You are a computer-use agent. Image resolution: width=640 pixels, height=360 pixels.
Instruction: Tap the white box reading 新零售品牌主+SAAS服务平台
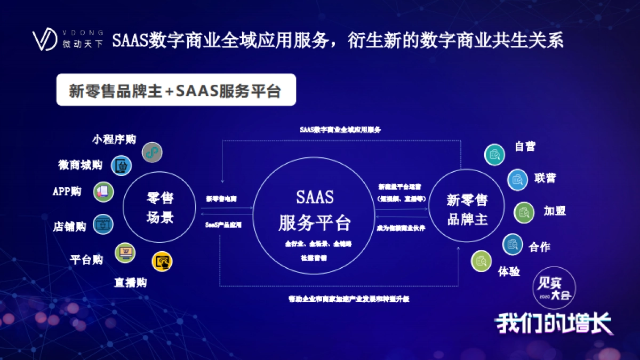pyautogui.click(x=175, y=90)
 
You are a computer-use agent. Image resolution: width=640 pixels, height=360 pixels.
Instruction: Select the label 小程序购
pyautogui.click(x=114, y=139)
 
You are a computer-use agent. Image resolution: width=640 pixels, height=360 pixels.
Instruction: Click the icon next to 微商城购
pyautogui.click(x=121, y=165)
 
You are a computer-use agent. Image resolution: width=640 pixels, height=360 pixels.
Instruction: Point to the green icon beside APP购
pyautogui.click(x=103, y=191)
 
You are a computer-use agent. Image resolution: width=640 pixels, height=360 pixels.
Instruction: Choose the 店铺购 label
pyautogui.click(x=69, y=226)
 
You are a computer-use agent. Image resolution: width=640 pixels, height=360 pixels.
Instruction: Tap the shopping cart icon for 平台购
pyautogui.click(x=125, y=252)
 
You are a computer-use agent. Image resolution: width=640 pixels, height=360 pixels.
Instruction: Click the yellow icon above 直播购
pyautogui.click(x=162, y=261)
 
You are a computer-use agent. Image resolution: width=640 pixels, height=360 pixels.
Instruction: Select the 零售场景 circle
pyautogui.click(x=160, y=208)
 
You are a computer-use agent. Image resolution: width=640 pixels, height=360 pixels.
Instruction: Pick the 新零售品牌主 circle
pyautogui.click(x=467, y=209)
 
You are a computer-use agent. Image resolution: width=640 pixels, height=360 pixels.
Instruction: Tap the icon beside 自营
pyautogui.click(x=494, y=155)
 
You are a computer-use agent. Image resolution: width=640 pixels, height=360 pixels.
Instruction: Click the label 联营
pyautogui.click(x=545, y=178)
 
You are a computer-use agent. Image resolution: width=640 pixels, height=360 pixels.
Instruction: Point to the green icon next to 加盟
pyautogui.click(x=524, y=212)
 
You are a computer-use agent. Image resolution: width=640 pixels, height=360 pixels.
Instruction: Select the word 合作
pyautogui.click(x=539, y=246)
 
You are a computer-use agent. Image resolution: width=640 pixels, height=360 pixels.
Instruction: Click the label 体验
pyautogui.click(x=509, y=271)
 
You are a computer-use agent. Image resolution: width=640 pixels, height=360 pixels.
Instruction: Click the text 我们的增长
pyautogui.click(x=554, y=323)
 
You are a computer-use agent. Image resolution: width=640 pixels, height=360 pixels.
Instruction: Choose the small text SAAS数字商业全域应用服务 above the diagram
pyautogui.click(x=340, y=130)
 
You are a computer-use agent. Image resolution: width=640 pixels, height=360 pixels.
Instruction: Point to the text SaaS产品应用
pyautogui.click(x=223, y=225)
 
